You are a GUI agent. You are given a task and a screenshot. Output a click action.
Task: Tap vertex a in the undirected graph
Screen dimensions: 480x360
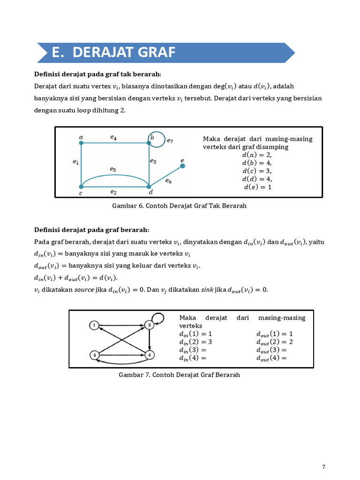[x=81, y=143]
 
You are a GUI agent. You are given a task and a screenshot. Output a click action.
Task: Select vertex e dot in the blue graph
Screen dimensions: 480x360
[x=182, y=166]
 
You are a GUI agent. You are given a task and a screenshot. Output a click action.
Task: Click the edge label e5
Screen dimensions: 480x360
[x=113, y=168]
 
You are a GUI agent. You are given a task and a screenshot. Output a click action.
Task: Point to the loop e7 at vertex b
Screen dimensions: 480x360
[x=158, y=138]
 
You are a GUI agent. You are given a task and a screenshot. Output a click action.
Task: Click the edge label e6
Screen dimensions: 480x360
[x=169, y=181]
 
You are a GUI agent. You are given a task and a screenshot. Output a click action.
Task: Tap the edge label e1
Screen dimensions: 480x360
[x=75, y=162]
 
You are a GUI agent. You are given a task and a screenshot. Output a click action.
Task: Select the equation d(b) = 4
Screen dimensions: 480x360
[x=257, y=163]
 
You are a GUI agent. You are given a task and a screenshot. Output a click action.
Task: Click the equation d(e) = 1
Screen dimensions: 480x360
[x=257, y=187]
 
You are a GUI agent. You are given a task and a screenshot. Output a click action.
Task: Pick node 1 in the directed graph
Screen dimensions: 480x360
[x=94, y=325]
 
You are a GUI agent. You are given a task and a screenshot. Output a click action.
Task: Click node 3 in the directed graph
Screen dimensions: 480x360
[x=94, y=355]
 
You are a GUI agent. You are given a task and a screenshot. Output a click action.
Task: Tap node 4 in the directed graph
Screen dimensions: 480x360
[x=149, y=355]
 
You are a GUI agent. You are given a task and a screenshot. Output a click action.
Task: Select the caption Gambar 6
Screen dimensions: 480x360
[x=179, y=206]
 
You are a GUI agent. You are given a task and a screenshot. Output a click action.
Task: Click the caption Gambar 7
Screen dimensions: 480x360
[x=179, y=375]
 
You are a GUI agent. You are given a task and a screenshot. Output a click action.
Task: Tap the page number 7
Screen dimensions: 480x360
[x=323, y=466]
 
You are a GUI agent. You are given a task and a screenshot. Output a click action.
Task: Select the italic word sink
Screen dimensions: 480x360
[x=207, y=290]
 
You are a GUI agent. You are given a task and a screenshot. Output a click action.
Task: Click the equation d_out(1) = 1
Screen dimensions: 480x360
[x=274, y=334]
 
